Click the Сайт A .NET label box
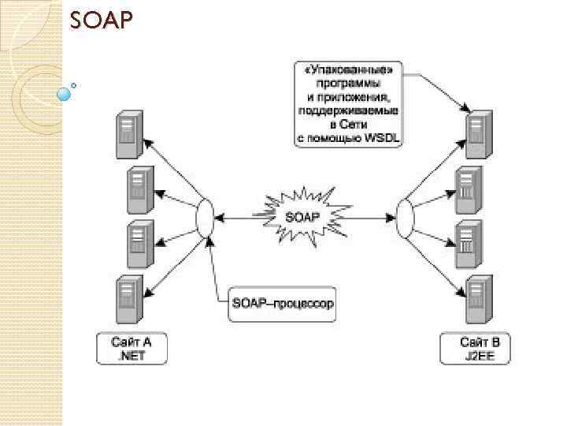pos(131,349)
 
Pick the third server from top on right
pos(469,241)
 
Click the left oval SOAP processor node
pos(206,215)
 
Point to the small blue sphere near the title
pos(65,94)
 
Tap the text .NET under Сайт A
pos(131,357)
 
